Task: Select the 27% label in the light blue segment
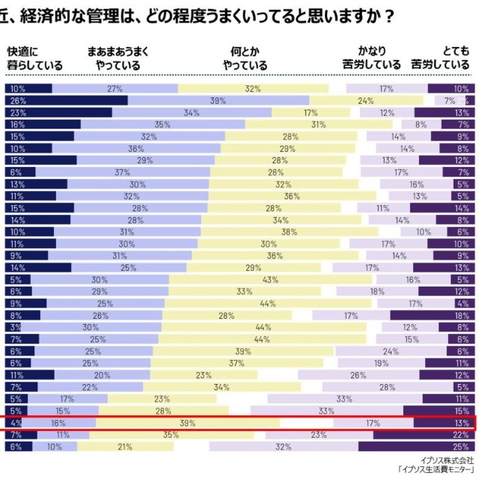(x=115, y=89)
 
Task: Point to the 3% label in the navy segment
(x=16, y=327)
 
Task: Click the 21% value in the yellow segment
(x=125, y=446)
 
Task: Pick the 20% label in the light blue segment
(x=102, y=375)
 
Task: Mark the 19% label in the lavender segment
(x=381, y=363)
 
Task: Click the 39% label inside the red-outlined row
(x=188, y=423)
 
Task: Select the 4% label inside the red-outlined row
(x=16, y=423)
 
